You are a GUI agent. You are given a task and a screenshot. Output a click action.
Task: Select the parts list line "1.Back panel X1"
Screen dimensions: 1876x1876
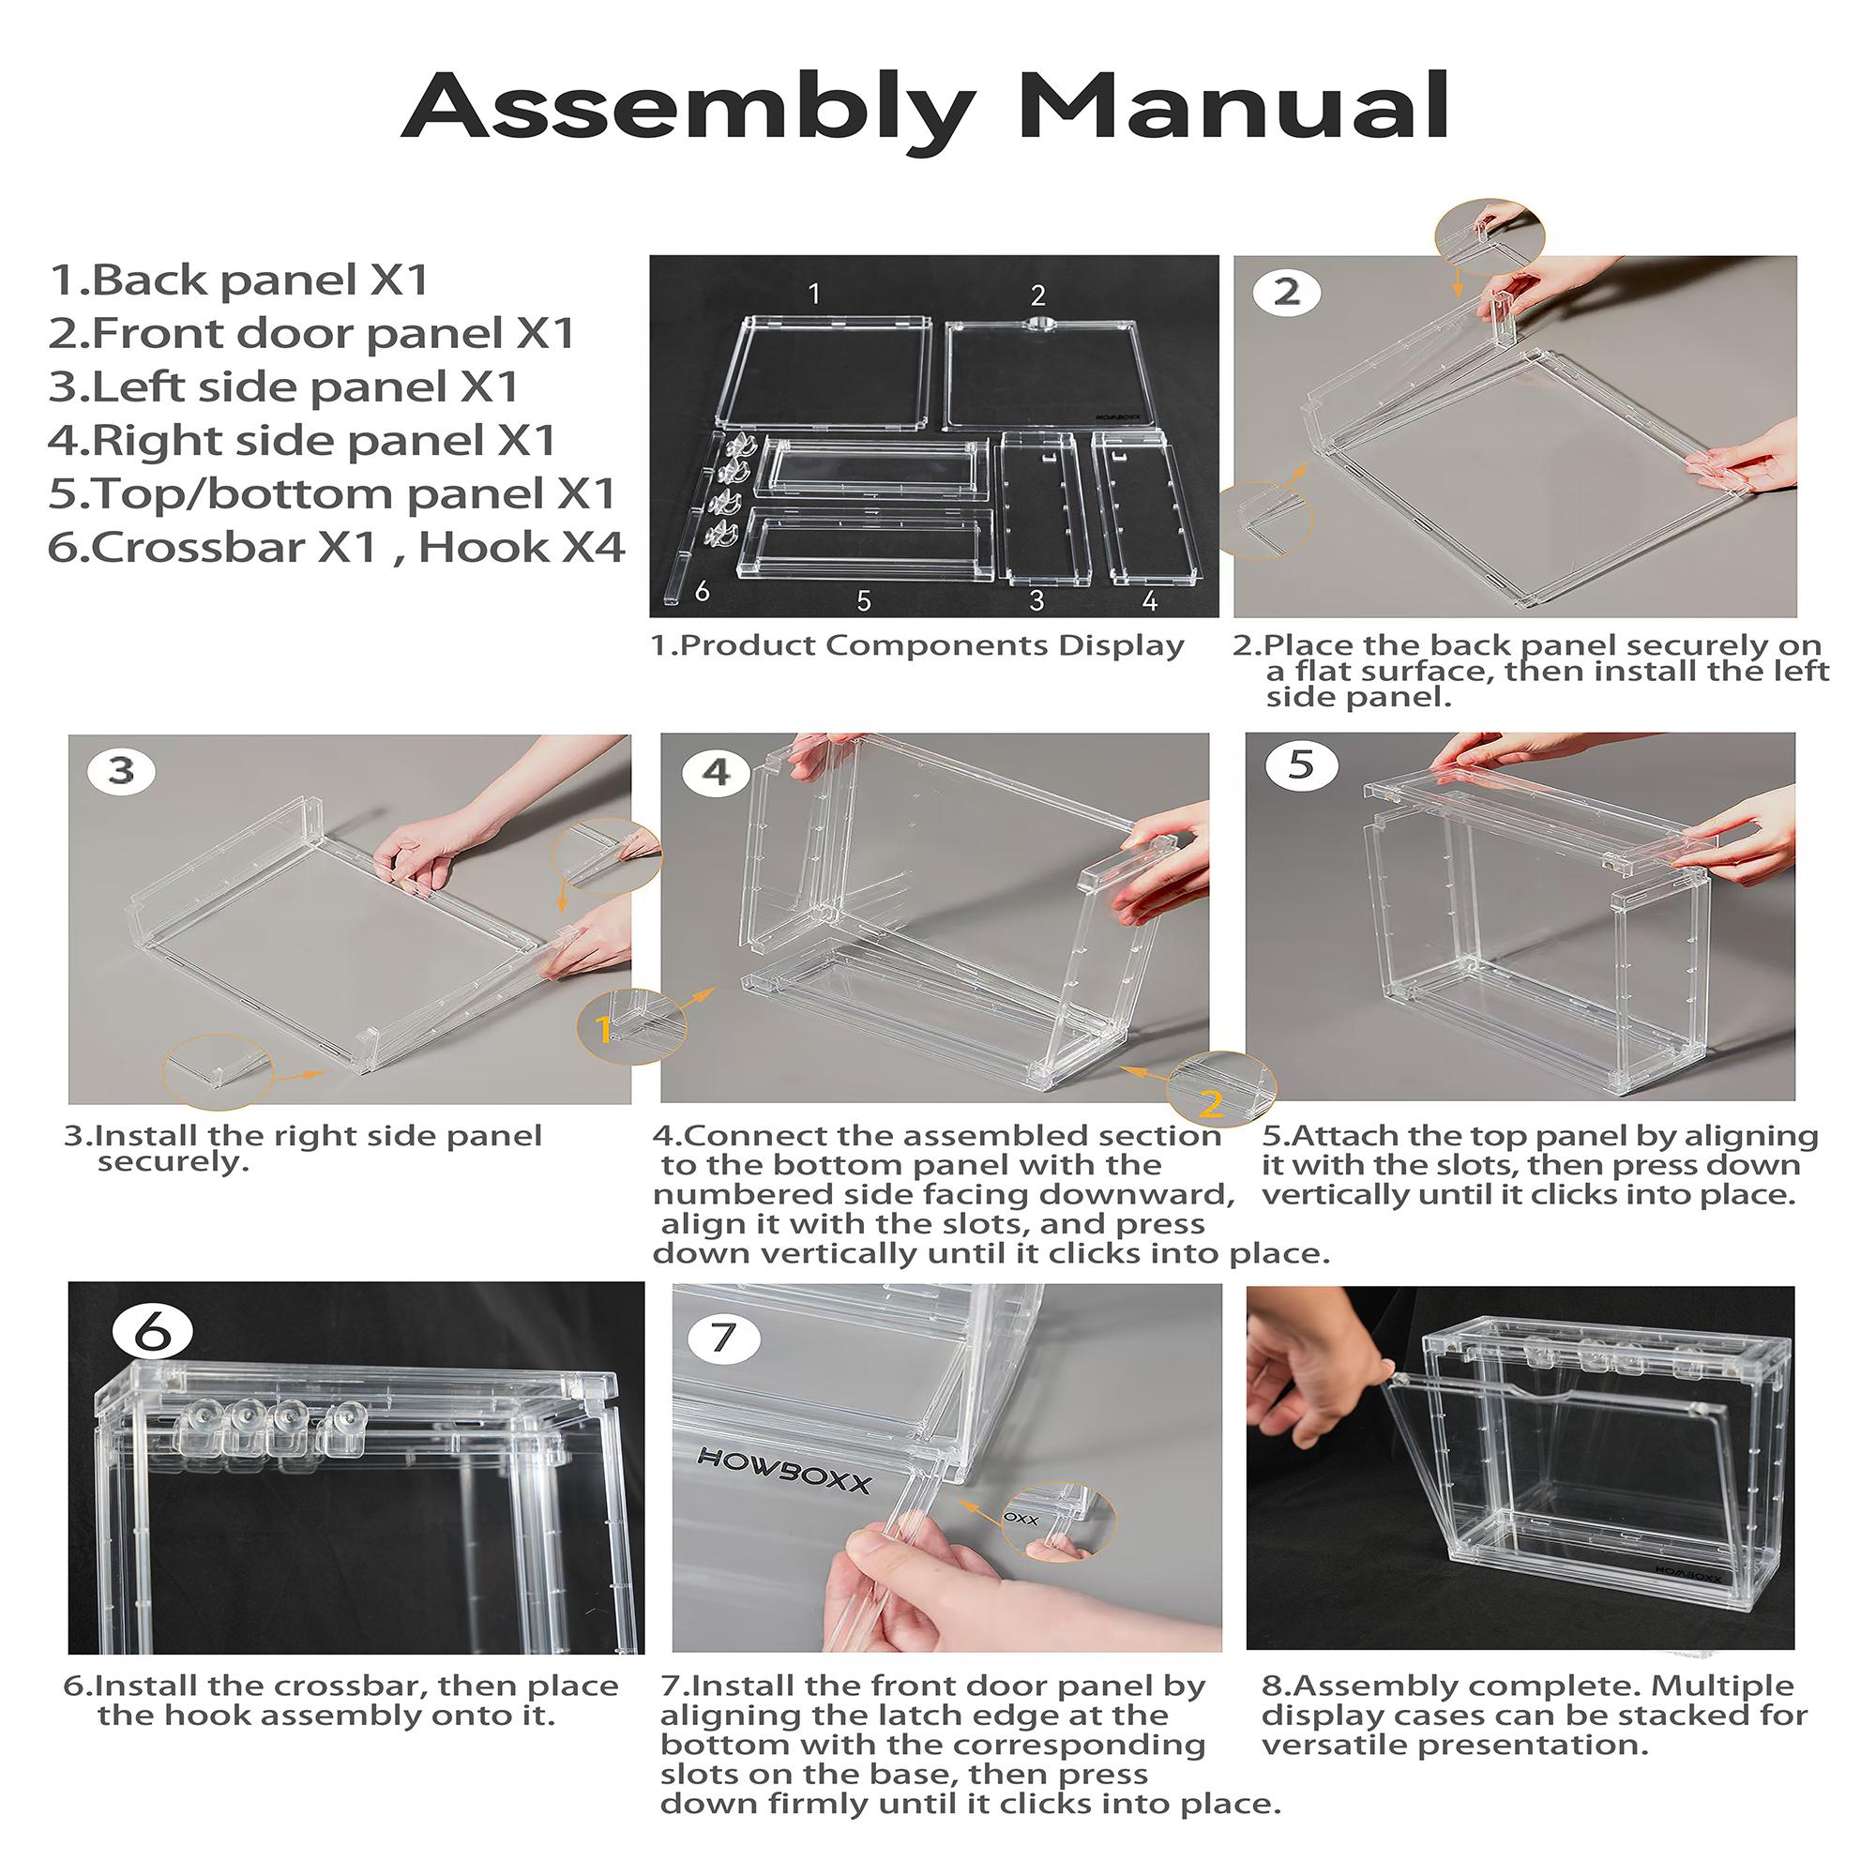239,280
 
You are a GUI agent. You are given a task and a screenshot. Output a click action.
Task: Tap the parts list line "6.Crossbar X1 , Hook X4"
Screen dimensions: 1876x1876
336,547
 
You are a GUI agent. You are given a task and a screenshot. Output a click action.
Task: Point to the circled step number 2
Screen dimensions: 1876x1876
1287,292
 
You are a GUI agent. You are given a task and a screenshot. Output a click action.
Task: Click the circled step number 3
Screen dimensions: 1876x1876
121,770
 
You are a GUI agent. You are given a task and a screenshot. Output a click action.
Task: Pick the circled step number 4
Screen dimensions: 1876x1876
717,772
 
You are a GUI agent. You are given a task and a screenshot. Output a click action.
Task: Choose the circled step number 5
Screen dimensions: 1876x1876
1301,765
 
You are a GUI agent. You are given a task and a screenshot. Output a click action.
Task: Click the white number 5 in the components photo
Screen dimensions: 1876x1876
863,601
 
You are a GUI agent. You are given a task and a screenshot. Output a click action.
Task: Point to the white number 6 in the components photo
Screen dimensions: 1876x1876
702,590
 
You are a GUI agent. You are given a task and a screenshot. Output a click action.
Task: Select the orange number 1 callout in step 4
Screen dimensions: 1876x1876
602,1029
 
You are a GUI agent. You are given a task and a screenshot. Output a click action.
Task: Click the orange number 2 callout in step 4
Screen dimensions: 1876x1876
1211,1104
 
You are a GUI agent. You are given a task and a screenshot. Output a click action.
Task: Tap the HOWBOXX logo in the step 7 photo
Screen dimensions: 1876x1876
784,1471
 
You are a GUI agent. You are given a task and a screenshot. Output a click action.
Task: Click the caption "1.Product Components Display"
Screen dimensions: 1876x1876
916,645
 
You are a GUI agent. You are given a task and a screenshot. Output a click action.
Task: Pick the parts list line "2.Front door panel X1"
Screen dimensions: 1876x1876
311,333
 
